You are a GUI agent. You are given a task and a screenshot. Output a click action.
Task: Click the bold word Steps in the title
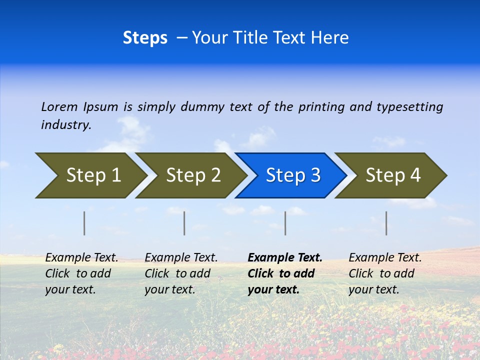coord(145,38)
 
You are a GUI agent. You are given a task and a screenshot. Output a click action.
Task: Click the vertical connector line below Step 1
coord(84,223)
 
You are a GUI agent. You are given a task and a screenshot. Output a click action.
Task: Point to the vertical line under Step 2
coord(184,223)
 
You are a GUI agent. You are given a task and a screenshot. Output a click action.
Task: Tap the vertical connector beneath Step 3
coord(285,223)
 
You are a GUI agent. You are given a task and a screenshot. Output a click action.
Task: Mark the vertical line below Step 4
coord(386,223)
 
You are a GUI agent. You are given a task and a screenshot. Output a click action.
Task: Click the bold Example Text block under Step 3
coord(284,273)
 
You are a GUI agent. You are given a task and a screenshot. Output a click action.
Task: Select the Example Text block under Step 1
coord(81,273)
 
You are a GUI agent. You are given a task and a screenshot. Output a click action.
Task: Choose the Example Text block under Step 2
coord(181,273)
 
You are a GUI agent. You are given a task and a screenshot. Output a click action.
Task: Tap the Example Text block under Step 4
coord(385,273)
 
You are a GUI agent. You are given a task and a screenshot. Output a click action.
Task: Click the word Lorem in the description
coord(59,107)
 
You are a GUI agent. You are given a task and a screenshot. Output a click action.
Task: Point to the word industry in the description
coord(66,125)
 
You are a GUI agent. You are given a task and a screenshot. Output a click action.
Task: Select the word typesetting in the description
coord(409,107)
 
